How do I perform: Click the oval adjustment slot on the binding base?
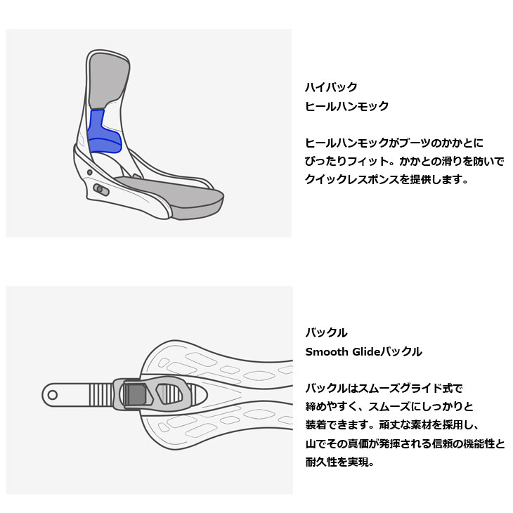[101, 190]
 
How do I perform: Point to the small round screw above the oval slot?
[90, 172]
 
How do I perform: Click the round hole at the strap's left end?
[52, 395]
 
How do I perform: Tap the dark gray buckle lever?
[135, 395]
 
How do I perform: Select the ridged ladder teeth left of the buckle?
[101, 395]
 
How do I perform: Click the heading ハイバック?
[331, 87]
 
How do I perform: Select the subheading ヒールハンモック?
[346, 106]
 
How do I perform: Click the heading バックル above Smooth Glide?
[326, 332]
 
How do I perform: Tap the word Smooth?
[327, 351]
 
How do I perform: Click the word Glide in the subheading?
[366, 351]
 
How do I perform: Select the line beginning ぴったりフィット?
[404, 161]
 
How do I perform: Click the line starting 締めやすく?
[389, 407]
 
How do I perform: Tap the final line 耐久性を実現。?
[339, 462]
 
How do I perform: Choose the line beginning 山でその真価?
[405, 443]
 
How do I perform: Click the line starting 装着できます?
[392, 425]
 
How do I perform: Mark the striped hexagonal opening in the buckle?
[169, 394]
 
